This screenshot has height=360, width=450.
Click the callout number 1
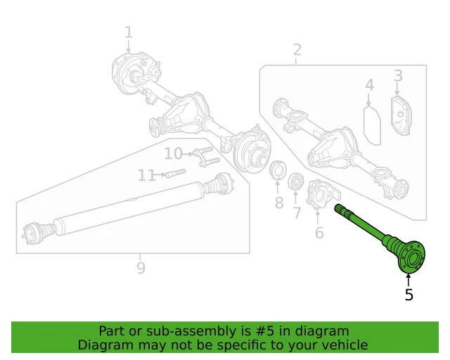129,32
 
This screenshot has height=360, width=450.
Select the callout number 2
297,49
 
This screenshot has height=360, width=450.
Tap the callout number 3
398,75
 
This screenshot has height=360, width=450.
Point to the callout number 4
369,86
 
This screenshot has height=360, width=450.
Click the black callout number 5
409,295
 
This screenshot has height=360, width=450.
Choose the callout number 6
319,233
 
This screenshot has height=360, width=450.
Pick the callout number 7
297,212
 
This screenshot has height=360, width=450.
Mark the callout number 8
278,203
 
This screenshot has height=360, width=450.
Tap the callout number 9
141,267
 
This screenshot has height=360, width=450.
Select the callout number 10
173,154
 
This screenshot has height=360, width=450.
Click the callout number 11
146,175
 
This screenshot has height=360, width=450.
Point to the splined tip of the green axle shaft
342,210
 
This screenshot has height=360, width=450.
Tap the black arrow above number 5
409,279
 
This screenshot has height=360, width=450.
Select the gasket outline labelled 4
372,124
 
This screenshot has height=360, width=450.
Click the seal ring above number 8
278,171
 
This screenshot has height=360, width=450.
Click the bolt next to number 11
176,174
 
